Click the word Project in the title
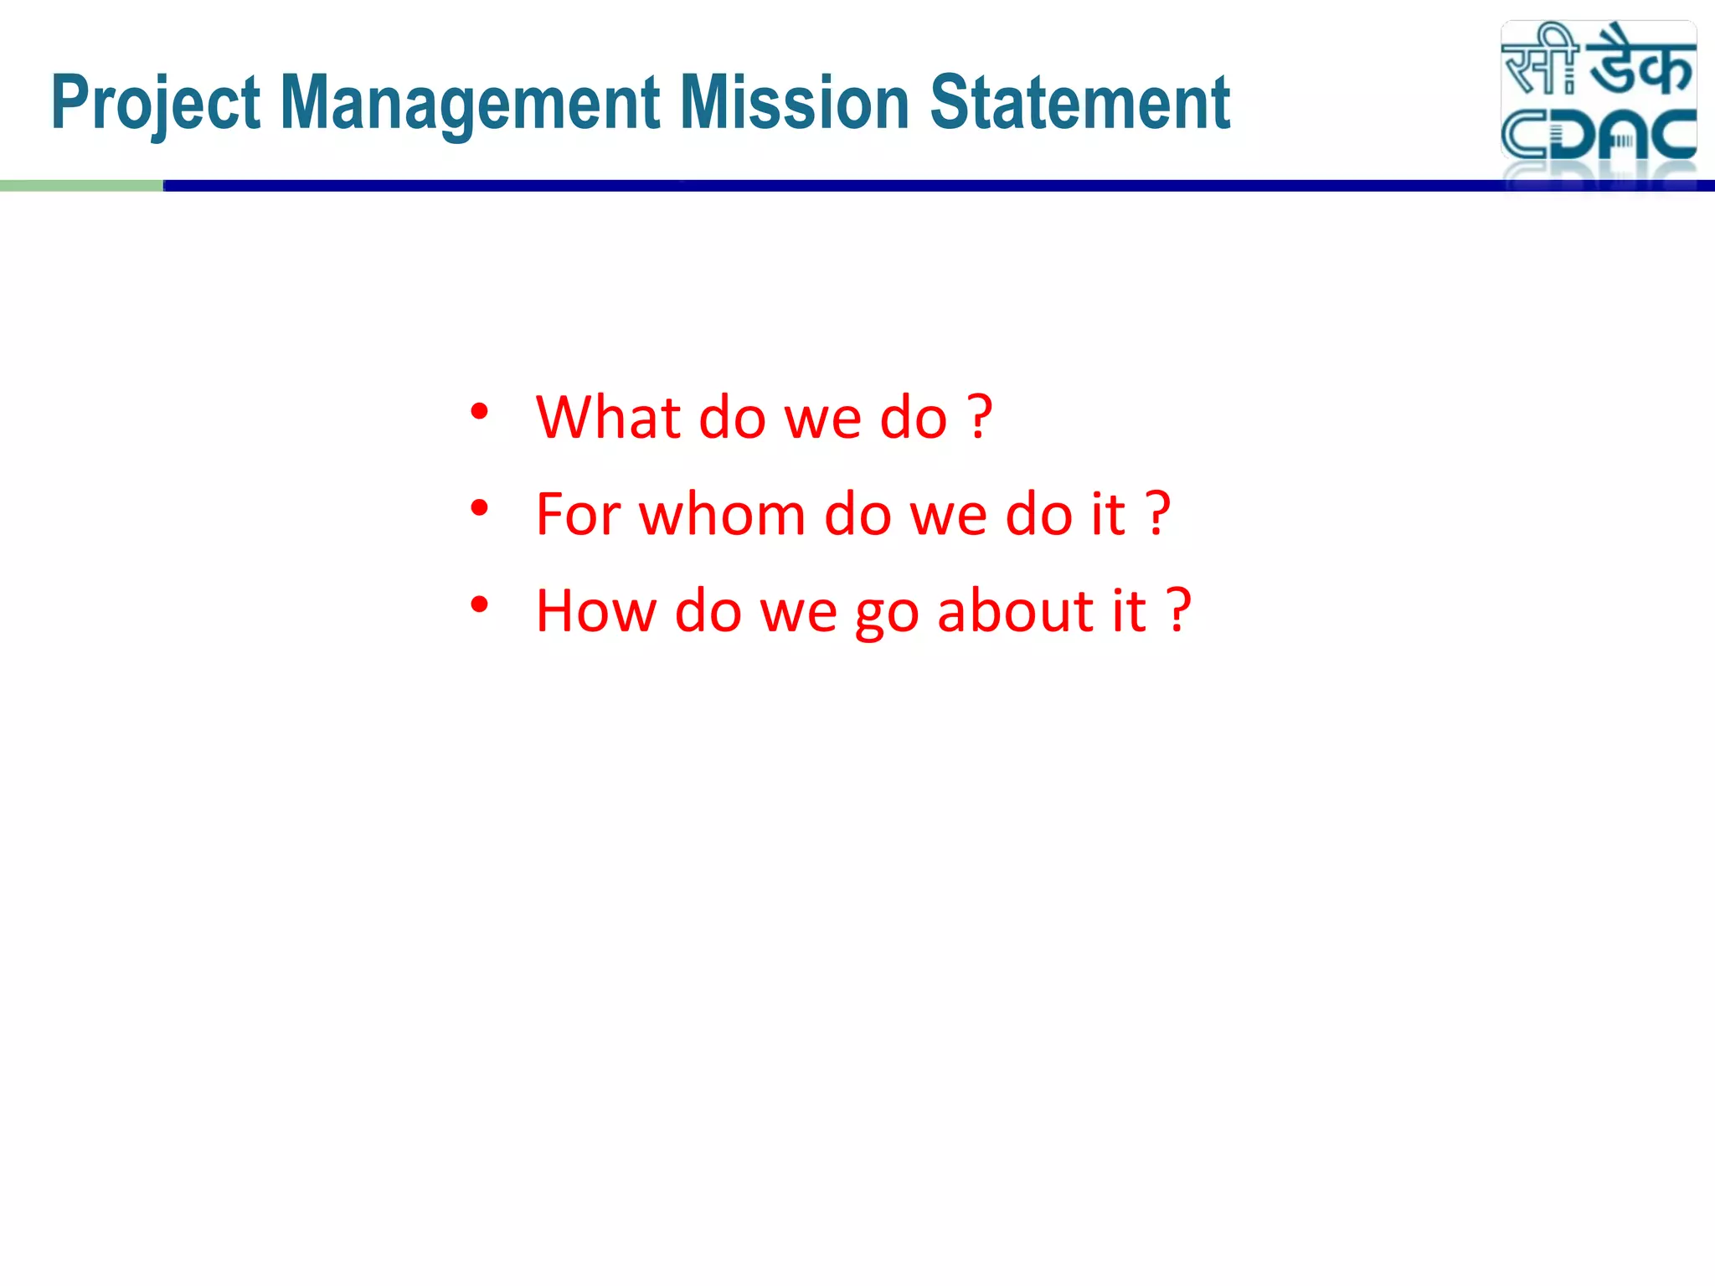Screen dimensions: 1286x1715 (x=156, y=105)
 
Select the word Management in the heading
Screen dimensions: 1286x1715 (x=470, y=105)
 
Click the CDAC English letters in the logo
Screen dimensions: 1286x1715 (x=1598, y=135)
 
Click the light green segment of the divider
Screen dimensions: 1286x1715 (x=81, y=186)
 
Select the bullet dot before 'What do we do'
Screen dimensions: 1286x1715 (x=479, y=411)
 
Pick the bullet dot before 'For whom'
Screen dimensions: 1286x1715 (x=479, y=508)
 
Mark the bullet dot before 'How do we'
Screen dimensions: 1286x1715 (x=479, y=604)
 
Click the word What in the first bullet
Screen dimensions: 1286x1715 (x=609, y=417)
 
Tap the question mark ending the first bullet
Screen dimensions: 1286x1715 (x=980, y=417)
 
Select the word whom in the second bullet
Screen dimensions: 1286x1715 (x=722, y=514)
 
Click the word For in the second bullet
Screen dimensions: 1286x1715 (x=578, y=514)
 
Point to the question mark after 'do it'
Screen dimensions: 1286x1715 (x=1157, y=514)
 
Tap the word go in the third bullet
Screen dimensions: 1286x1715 (x=886, y=615)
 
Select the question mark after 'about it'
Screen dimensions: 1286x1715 (x=1178, y=610)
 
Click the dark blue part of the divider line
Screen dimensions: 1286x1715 (x=837, y=186)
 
